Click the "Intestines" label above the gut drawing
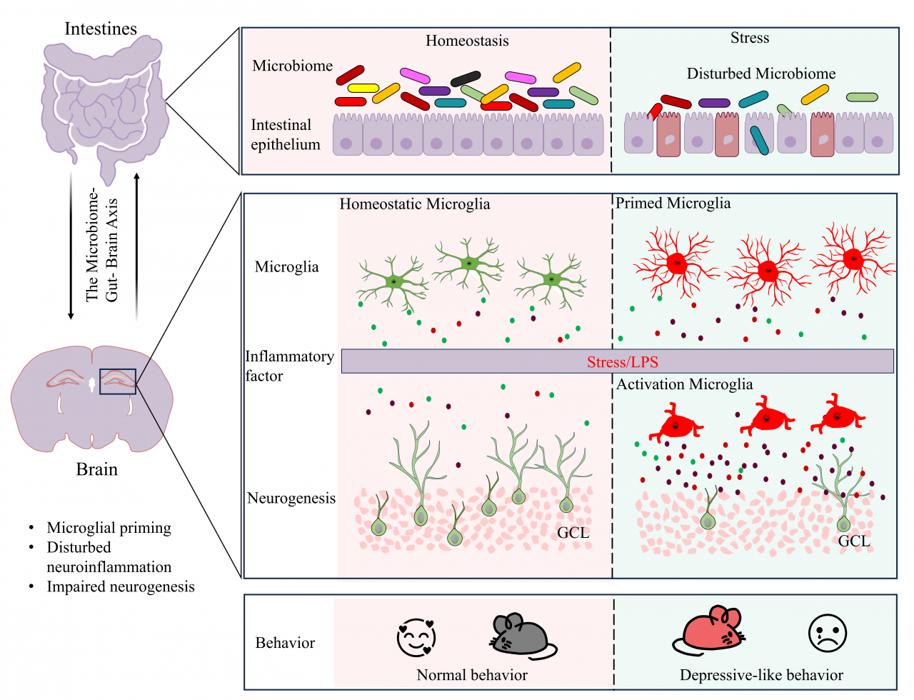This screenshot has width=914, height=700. click(101, 29)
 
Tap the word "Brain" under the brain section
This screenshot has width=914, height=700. click(96, 469)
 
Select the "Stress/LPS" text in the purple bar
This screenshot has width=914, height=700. click(622, 361)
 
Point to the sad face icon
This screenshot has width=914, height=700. click(827, 633)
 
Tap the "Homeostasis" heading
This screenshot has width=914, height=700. click(467, 41)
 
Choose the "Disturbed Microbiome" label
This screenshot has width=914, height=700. click(760, 74)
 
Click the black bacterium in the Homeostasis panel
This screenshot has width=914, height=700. click(466, 78)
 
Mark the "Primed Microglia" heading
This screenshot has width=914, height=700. click(673, 203)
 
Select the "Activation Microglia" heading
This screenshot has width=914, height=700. click(685, 384)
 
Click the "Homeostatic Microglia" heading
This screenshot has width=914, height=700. click(415, 204)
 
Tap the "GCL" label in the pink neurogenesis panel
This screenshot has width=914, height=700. click(573, 532)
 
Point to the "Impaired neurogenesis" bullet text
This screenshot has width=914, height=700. click(121, 586)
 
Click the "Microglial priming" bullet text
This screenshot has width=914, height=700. click(109, 528)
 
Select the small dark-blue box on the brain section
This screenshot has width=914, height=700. click(118, 381)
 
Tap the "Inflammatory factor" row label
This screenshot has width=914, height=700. click(289, 366)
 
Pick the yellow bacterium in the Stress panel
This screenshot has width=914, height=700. click(815, 95)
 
